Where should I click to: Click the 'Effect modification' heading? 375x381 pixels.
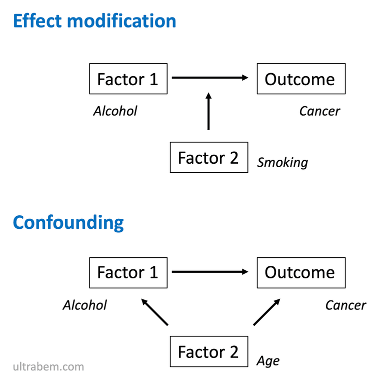(94, 21)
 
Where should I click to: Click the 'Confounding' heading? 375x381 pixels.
(68, 223)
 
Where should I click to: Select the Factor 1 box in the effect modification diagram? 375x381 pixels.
(128, 79)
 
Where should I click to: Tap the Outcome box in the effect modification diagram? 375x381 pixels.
(301, 79)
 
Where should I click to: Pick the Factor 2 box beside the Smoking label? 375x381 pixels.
(209, 157)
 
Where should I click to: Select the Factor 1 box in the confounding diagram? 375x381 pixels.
(128, 273)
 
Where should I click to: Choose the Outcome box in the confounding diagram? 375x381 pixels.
(301, 273)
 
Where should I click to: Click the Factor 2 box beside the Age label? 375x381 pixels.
(209, 351)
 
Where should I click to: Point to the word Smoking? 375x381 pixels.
(282, 163)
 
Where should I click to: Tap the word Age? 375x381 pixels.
(268, 361)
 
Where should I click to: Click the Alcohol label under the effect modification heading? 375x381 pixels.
(115, 111)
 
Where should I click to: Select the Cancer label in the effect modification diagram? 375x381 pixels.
(319, 111)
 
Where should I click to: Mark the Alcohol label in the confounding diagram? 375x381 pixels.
(84, 305)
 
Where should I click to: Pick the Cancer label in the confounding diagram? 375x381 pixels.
(346, 305)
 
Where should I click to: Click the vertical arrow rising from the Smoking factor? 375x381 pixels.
(208, 111)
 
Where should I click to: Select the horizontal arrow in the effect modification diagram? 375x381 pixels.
(210, 78)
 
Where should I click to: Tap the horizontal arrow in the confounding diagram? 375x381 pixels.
(210, 272)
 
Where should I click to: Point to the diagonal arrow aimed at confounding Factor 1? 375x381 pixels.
(154, 312)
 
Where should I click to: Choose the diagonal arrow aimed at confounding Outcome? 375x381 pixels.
(266, 312)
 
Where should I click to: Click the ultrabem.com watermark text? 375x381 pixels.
(48, 366)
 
